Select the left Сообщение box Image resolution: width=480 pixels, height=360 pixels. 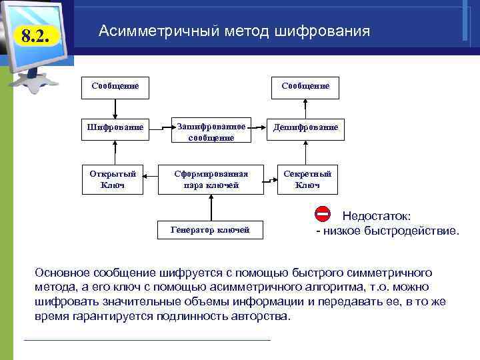115,86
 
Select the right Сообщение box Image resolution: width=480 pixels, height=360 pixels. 305,86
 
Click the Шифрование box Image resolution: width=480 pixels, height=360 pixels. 115,127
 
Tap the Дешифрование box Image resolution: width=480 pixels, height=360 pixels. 306,127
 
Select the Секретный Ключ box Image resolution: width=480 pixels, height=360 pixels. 307,179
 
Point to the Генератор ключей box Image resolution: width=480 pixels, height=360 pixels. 210,230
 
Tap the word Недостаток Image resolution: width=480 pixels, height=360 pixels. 376,216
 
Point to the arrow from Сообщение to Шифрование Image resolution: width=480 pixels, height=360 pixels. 115,107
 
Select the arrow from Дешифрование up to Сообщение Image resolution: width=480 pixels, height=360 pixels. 305,107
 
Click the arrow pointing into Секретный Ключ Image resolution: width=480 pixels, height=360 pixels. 270,179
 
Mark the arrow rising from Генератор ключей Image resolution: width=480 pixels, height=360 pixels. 211,207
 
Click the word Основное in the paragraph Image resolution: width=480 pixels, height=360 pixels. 61,273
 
